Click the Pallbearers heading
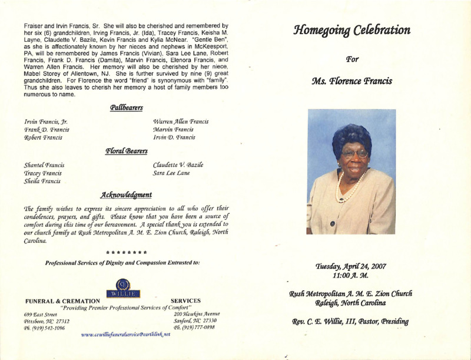(x=127, y=107)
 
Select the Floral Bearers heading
(x=127, y=151)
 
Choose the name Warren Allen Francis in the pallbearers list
(x=180, y=121)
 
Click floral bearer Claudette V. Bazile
(x=177, y=166)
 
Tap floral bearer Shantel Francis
(x=44, y=166)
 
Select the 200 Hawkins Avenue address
(x=197, y=313)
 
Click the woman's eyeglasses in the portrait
(x=354, y=154)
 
